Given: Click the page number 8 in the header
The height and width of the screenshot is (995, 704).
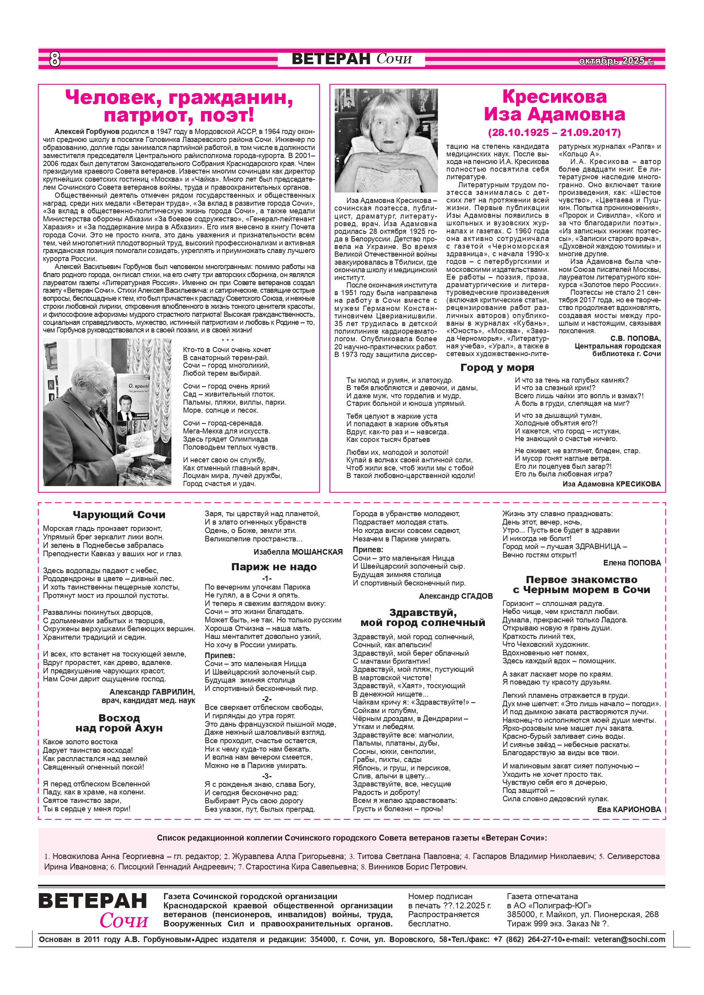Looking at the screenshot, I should click(55, 59).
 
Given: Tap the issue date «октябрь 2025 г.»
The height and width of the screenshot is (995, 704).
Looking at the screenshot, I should click(616, 61).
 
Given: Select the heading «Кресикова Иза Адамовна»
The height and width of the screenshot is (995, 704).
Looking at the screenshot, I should click(554, 105).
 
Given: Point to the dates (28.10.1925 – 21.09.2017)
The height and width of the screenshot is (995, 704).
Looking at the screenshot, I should click(554, 132).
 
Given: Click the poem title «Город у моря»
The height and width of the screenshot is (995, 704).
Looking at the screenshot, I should click(497, 367).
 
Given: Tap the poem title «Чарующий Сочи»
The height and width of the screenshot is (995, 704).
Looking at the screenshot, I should click(119, 515).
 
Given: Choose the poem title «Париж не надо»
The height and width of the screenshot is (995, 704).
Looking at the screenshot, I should click(274, 566).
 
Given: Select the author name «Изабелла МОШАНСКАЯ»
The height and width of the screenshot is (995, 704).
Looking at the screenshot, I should click(298, 552).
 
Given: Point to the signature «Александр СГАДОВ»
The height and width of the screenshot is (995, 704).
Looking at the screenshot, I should click(456, 596).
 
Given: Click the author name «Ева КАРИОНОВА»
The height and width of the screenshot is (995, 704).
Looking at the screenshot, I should click(629, 809).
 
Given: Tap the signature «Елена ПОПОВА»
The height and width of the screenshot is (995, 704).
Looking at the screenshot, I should click(632, 563).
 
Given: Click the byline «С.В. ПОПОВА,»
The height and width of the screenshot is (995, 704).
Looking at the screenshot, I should click(635, 338).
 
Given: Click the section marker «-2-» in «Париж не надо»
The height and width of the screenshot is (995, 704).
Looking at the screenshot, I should click(267, 699).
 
